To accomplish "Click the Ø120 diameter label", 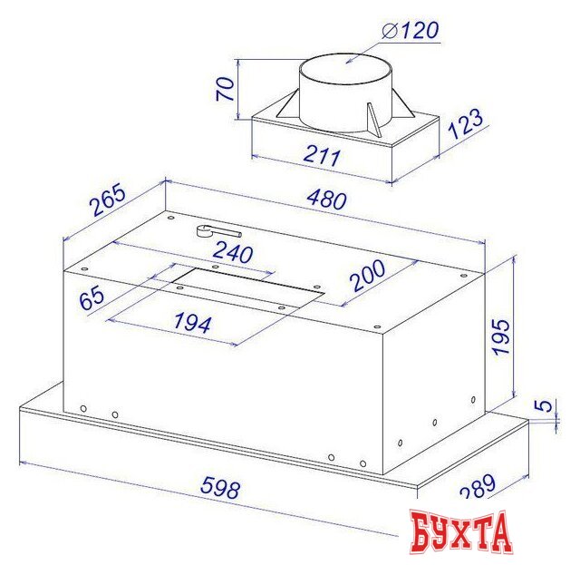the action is [x=411, y=30].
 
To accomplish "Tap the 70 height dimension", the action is [x=226, y=89].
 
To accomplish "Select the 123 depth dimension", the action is [x=465, y=123].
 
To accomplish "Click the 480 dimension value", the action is [x=327, y=200].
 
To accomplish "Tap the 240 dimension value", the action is [x=234, y=252].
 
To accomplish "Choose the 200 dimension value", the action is [x=367, y=275].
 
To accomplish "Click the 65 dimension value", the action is [x=92, y=298].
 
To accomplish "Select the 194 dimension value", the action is [x=193, y=322].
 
